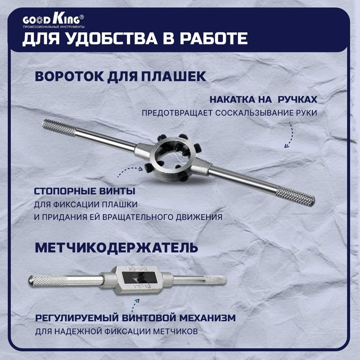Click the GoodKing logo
point(54,21)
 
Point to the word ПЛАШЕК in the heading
point(174,76)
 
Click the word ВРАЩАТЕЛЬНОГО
point(138,217)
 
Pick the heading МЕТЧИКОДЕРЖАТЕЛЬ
point(116,248)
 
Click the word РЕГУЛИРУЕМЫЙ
point(77,318)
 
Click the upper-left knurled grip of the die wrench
point(59,127)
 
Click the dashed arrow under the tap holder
point(135,306)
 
